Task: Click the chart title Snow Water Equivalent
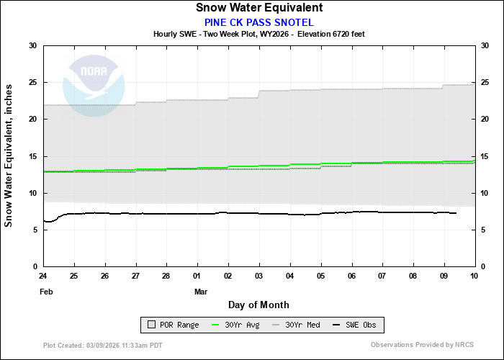pyautogui.click(x=258, y=8)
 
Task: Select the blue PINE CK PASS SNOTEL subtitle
pyautogui.click(x=258, y=22)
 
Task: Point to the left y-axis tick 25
pyautogui.click(x=32, y=83)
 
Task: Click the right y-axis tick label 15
pyautogui.click(x=485, y=156)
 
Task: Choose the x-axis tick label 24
pyautogui.click(x=43, y=276)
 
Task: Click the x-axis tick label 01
pyautogui.click(x=197, y=276)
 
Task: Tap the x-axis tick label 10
pyautogui.click(x=474, y=276)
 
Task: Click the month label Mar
pyautogui.click(x=201, y=292)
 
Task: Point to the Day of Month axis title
pyautogui.click(x=258, y=305)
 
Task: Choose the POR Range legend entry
pyautogui.click(x=173, y=325)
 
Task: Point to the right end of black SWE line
pyautogui.click(x=456, y=213)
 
